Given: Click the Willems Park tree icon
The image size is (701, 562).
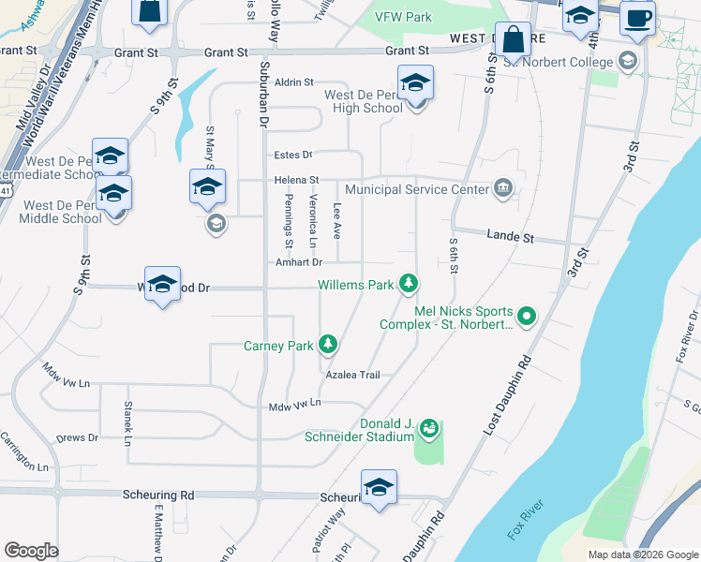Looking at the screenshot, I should tap(408, 283).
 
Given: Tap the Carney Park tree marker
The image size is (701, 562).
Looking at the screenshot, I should tap(328, 346).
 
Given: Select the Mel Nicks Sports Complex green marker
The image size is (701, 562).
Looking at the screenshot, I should tap(526, 318).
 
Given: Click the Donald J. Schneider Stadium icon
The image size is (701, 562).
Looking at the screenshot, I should tap(429, 428).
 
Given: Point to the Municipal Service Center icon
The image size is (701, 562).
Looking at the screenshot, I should tap(503, 189).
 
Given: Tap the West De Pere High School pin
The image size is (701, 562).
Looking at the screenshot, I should tap(415, 87).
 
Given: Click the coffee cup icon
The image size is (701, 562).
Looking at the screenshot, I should tap(637, 19).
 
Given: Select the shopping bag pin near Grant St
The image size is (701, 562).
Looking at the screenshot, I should tap(513, 41).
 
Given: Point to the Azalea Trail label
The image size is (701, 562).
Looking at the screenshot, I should tap(352, 375).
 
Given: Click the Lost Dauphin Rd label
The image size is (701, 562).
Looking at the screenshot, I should tap(507, 394).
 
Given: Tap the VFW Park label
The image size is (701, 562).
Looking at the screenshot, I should tap(403, 17).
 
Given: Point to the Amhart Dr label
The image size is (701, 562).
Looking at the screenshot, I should tap(298, 263).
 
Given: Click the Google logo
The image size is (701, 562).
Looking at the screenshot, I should tap(31, 551).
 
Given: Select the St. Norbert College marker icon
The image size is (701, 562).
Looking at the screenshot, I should tap(627, 62).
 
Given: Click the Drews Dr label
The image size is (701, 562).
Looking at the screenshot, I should tap(77, 437).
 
